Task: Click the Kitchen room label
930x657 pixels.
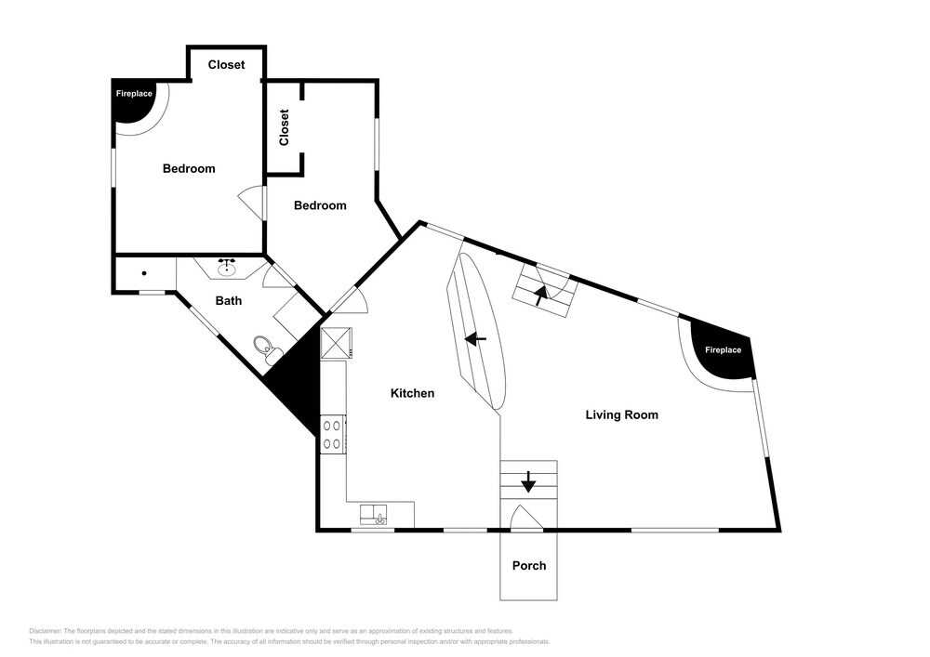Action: [x=412, y=393]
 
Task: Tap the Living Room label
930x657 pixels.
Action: [x=621, y=414]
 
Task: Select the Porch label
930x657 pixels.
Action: [x=529, y=565]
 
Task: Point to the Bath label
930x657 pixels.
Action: [x=229, y=300]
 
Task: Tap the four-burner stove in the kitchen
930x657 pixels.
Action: [x=333, y=434]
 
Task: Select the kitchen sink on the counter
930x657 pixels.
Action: [x=373, y=514]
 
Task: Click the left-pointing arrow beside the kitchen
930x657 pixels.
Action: [x=475, y=339]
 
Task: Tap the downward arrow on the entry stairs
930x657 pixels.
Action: [x=528, y=481]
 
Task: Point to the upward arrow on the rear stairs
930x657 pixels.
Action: [x=540, y=295]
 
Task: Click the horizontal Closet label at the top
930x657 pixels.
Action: [x=226, y=64]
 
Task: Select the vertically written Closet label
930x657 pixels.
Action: [x=284, y=126]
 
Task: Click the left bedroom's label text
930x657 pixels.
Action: [x=189, y=168]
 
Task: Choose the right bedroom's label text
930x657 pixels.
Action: [x=320, y=205]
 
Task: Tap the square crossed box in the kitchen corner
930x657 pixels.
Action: [x=337, y=343]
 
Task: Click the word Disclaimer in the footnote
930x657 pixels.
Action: [x=45, y=631]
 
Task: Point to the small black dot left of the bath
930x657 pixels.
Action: [x=144, y=273]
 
